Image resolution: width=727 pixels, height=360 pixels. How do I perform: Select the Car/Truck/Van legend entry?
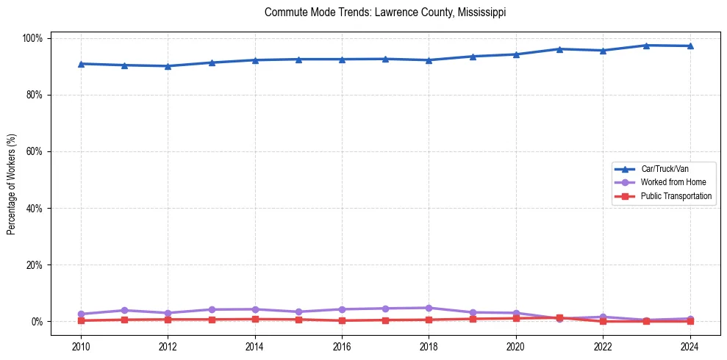664,169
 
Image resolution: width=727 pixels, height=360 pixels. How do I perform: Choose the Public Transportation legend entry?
676,196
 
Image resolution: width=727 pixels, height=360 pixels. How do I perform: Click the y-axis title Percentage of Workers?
12,180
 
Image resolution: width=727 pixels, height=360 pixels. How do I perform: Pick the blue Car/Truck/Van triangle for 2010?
81,64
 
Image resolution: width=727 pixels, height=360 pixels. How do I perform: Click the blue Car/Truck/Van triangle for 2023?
646,46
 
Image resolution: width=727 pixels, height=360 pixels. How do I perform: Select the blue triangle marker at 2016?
342,60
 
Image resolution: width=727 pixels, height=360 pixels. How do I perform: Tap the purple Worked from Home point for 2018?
429,308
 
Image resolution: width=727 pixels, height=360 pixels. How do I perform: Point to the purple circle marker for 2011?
124,310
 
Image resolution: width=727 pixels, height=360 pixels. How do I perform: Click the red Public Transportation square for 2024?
690,321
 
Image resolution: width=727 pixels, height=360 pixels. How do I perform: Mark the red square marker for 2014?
255,319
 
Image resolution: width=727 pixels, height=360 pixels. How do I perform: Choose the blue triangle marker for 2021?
559,49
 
